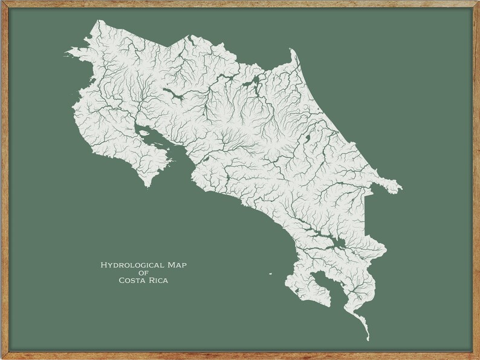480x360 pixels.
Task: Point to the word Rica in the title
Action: [x=158, y=280]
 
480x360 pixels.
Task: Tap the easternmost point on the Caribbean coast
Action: [x=400, y=190]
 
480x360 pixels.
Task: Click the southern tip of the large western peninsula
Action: [x=147, y=186]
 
